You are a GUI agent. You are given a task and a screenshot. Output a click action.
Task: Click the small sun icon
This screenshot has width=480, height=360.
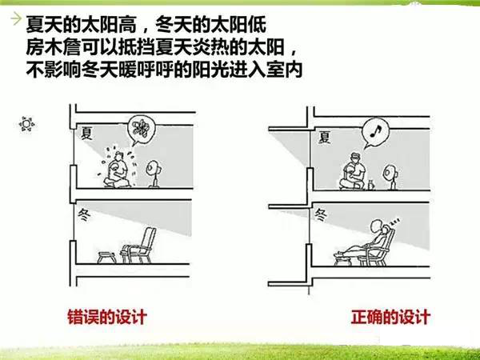26,124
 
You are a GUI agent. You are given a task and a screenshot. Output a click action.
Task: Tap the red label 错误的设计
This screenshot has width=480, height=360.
107,317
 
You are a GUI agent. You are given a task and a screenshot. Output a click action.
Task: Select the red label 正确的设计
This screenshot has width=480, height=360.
390,317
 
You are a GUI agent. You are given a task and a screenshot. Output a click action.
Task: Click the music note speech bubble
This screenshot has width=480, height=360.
375,132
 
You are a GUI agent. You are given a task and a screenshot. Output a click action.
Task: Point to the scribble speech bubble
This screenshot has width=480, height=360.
142,128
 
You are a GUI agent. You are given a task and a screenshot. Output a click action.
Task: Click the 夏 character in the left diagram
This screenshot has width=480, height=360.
87,134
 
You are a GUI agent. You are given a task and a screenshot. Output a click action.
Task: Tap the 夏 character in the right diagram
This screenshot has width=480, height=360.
325,137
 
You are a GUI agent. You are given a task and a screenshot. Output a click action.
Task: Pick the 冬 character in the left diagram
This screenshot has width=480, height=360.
84,215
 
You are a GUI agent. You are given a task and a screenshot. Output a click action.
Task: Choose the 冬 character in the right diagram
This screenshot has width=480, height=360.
321,215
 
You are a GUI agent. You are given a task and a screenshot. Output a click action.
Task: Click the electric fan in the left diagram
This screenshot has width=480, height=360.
154,174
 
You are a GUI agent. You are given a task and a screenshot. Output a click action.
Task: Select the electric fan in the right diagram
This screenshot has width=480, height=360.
390,177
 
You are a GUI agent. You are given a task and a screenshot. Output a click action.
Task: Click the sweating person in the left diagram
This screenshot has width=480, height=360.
117,169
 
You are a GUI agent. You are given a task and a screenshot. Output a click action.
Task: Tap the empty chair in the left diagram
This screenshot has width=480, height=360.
138,246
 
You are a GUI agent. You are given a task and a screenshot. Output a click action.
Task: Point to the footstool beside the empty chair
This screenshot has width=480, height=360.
106,258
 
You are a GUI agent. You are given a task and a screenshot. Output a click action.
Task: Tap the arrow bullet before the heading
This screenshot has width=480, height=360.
16,19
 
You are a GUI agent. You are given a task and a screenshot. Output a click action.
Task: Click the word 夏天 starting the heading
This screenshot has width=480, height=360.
44,25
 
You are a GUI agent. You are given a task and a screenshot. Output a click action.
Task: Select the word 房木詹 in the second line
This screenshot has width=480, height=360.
53,48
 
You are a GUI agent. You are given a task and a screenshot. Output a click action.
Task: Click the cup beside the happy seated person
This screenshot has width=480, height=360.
371,186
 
